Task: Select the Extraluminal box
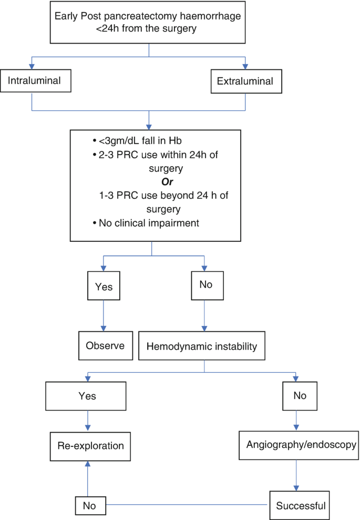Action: coord(245,81)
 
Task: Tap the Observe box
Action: coord(105,345)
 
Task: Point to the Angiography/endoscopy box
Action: coord(301,444)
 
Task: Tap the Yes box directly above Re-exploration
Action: coord(87,395)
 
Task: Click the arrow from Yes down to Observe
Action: coord(102,317)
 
